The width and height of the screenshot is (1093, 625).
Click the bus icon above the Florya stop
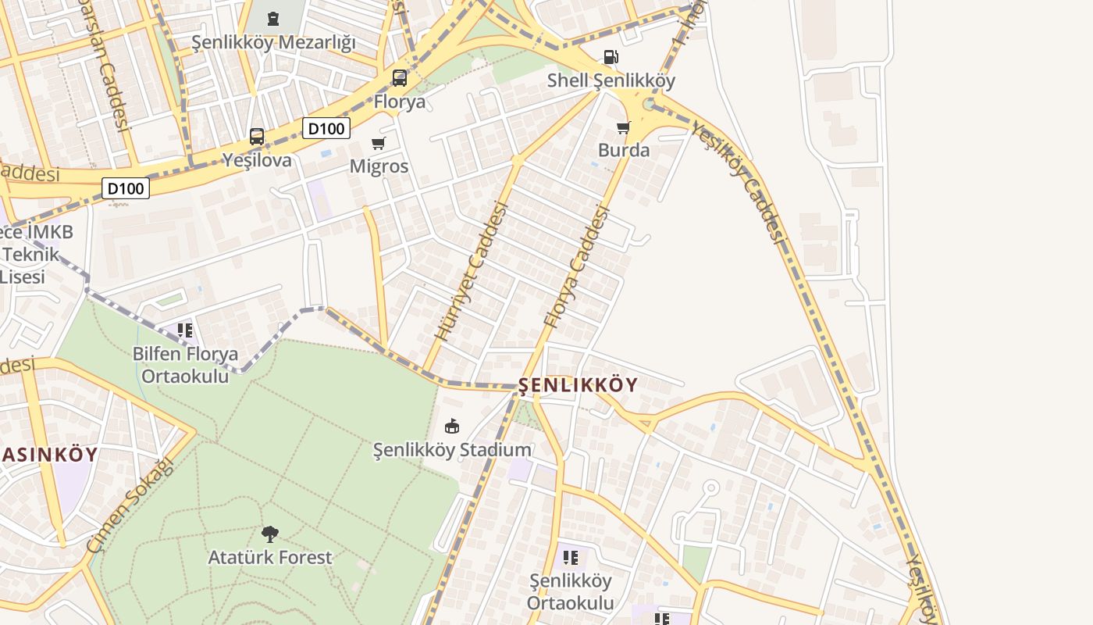tap(399, 78)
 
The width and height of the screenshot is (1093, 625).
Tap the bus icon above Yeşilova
tap(257, 137)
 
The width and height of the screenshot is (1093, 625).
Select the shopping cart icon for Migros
tap(379, 143)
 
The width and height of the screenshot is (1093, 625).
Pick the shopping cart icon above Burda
tap(623, 127)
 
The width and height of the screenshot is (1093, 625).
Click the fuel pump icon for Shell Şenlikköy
tap(611, 57)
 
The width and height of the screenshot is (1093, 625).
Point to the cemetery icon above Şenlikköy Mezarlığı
tap(273, 18)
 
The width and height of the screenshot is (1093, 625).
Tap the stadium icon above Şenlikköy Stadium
tap(452, 426)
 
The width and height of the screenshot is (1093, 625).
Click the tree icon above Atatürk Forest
tap(270, 534)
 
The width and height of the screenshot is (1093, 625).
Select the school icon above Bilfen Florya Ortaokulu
tap(185, 330)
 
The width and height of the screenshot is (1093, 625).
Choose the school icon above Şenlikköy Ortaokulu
tap(571, 558)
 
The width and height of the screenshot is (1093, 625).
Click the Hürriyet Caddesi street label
tap(472, 270)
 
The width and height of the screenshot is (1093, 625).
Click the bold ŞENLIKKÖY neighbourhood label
tap(579, 385)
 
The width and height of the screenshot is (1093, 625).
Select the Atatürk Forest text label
tap(270, 558)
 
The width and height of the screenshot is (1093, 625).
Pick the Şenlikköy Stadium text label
tap(452, 450)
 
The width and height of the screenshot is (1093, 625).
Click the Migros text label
tap(379, 166)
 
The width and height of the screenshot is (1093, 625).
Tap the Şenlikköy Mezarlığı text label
tap(273, 42)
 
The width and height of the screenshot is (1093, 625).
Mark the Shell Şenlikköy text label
tap(611, 80)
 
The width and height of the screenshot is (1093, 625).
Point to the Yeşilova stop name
tap(257, 161)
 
